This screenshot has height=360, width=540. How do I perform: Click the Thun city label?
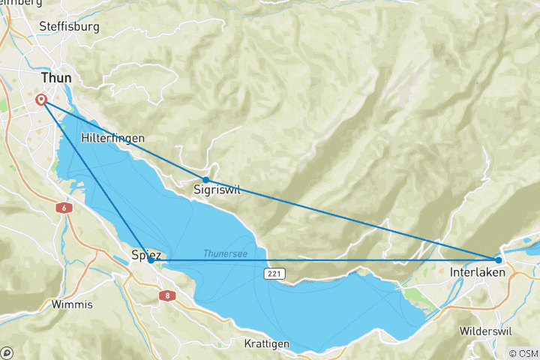pos(57,77)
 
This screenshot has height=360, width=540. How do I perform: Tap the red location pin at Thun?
pos(41,100)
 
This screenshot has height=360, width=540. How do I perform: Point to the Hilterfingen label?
pos(112,139)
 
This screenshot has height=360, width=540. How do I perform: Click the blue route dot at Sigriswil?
pos(205,180)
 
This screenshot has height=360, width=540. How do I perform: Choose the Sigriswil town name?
pos(216,190)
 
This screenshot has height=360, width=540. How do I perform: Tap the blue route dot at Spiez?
pos(151,260)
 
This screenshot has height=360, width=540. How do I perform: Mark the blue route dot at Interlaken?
pos(499,260)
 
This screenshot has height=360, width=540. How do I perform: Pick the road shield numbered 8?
pos(164,297)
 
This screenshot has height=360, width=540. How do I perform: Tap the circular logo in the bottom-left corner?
pos(7,352)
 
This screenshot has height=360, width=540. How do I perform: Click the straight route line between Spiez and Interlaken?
pos(322,260)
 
